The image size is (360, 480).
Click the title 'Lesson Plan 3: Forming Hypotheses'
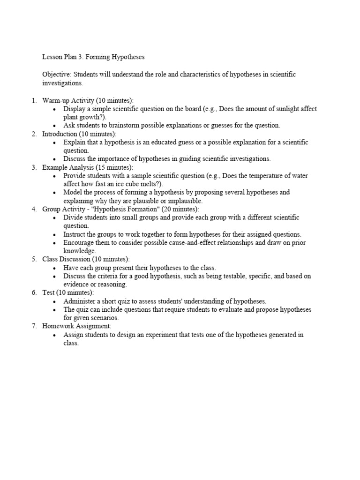(93, 57)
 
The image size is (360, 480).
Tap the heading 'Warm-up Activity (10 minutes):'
(88, 100)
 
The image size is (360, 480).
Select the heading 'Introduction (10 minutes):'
(80, 134)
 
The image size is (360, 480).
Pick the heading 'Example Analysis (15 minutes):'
(88, 167)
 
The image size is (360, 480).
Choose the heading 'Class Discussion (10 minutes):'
(86, 259)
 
